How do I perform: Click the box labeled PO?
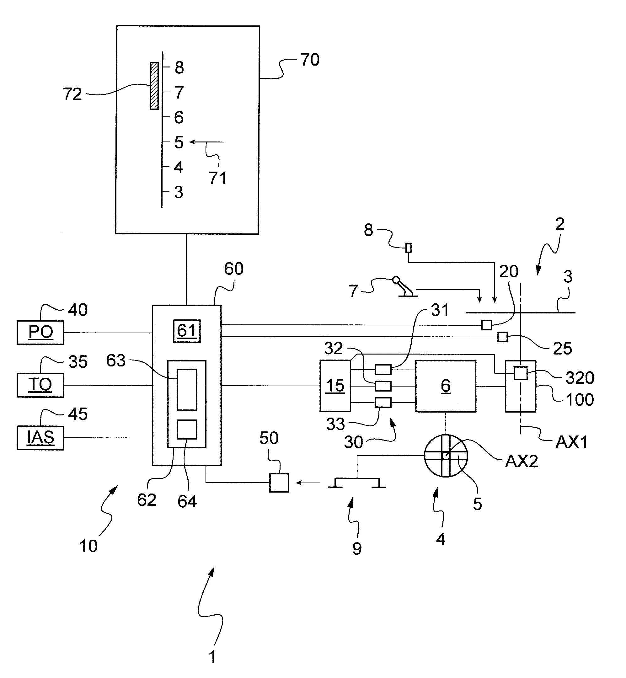tap(40, 333)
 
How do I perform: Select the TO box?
tap(40, 385)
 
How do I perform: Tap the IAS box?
tap(40, 438)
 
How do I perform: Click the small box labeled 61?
tap(187, 331)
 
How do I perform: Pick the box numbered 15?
tap(335, 386)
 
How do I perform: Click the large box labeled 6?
tap(446, 386)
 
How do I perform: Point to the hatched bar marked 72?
tap(154, 86)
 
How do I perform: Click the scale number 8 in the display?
tap(179, 67)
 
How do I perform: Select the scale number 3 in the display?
tap(179, 192)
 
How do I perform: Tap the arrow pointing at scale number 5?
tap(207, 142)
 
